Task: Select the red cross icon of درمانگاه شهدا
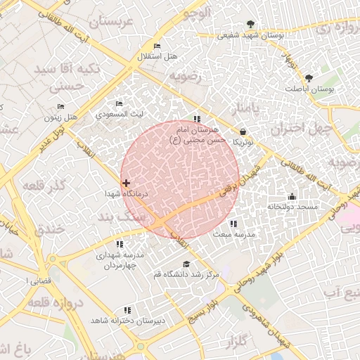(126, 183)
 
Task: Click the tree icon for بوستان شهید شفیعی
(250, 25)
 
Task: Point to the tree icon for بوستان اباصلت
(309, 78)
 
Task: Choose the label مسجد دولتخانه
(292, 207)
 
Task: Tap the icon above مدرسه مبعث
(233, 224)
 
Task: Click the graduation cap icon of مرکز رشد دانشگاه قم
(186, 264)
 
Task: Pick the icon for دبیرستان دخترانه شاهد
(127, 310)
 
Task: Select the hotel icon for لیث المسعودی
(119, 104)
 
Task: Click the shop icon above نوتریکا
(243, 131)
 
